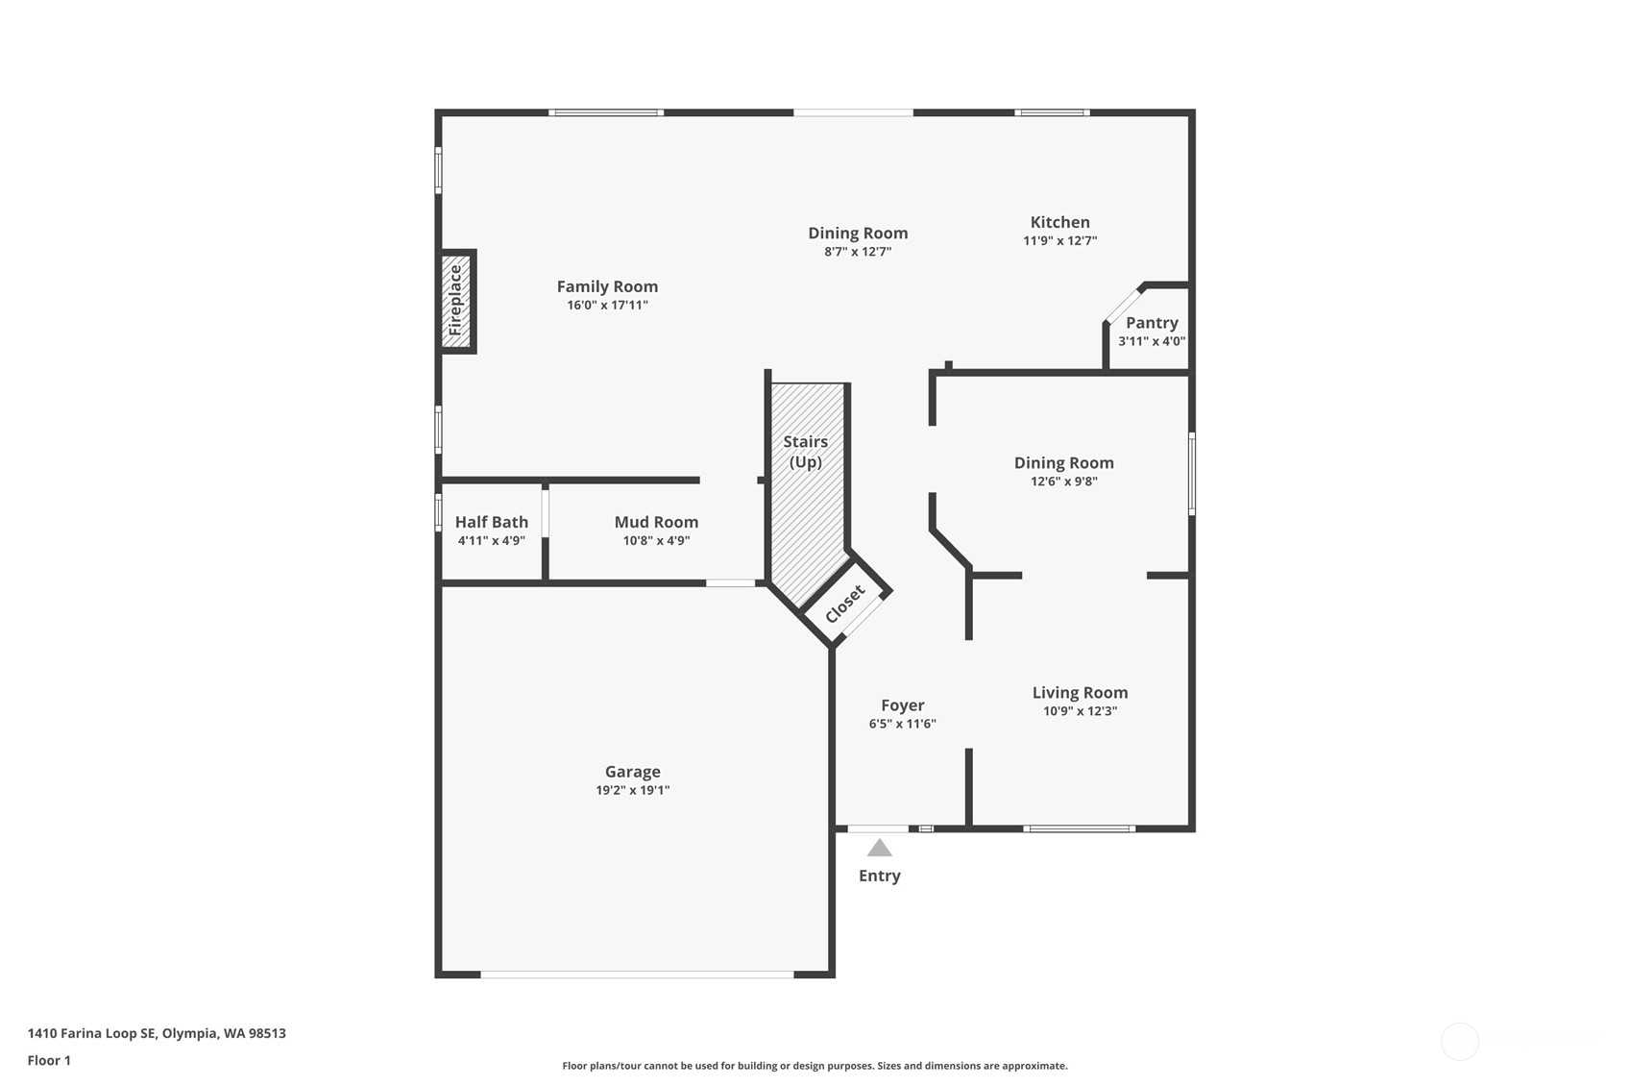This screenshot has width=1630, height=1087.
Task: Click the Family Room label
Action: click(x=607, y=286)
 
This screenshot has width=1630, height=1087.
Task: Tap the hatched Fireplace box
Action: click(x=457, y=302)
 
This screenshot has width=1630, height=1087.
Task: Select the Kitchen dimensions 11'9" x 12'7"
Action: click(x=1059, y=240)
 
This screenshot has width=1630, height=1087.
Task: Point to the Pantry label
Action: click(x=1152, y=323)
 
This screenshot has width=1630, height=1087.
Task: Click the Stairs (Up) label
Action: click(x=806, y=452)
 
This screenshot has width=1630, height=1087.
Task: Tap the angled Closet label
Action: click(x=845, y=604)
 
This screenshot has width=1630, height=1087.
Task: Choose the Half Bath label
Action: click(x=491, y=522)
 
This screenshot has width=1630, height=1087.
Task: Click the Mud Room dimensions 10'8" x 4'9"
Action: click(x=656, y=540)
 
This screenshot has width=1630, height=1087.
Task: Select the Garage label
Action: click(x=632, y=772)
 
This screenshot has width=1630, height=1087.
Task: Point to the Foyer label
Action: click(x=902, y=705)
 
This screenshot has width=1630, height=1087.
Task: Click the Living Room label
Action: click(x=1080, y=693)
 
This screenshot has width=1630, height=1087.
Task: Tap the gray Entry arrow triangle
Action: click(x=879, y=848)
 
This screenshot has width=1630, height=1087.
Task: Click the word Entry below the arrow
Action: click(x=879, y=876)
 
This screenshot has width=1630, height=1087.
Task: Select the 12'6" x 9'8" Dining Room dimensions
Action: click(x=1064, y=482)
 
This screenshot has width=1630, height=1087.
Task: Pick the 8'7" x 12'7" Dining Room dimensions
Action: click(x=857, y=252)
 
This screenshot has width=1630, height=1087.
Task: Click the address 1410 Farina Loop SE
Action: click(x=91, y=1033)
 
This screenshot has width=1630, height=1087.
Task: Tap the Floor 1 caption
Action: click(x=49, y=1060)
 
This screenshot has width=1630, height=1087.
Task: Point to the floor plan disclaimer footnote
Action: click(x=815, y=1066)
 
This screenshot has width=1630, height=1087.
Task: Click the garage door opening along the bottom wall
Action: click(x=637, y=975)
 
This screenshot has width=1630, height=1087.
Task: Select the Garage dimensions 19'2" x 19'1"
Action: click(x=632, y=790)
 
